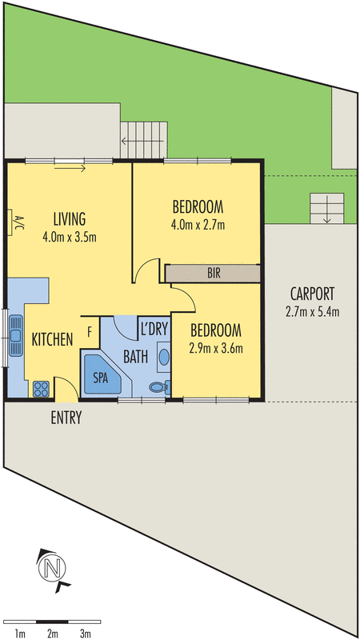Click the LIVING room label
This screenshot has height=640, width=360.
pyautogui.click(x=70, y=219)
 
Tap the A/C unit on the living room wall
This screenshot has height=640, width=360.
pyautogui.click(x=10, y=222)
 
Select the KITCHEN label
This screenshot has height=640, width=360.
pyautogui.click(x=52, y=339)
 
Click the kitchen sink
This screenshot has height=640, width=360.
pyautogui.click(x=15, y=336)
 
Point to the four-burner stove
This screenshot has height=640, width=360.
pyautogui.click(x=42, y=389)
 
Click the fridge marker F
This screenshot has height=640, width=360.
pyautogui.click(x=90, y=332)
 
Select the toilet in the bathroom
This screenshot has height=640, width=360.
pyautogui.click(x=159, y=386)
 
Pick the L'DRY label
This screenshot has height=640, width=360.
pyautogui.click(x=154, y=329)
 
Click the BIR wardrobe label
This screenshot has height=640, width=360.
pyautogui.click(x=214, y=274)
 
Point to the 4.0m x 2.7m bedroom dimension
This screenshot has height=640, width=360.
pyautogui.click(x=198, y=225)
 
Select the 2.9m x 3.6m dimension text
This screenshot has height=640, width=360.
pyautogui.click(x=216, y=348)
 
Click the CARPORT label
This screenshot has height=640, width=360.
pyautogui.click(x=312, y=294)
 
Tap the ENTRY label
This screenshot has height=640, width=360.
pyautogui.click(x=66, y=418)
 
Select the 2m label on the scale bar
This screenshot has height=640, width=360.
pyautogui.click(x=52, y=634)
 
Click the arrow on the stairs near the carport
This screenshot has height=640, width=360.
pyautogui.click(x=326, y=209)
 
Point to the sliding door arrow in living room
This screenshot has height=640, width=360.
pyautogui.click(x=70, y=169)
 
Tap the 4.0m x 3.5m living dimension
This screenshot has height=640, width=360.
pyautogui.click(x=69, y=237)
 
